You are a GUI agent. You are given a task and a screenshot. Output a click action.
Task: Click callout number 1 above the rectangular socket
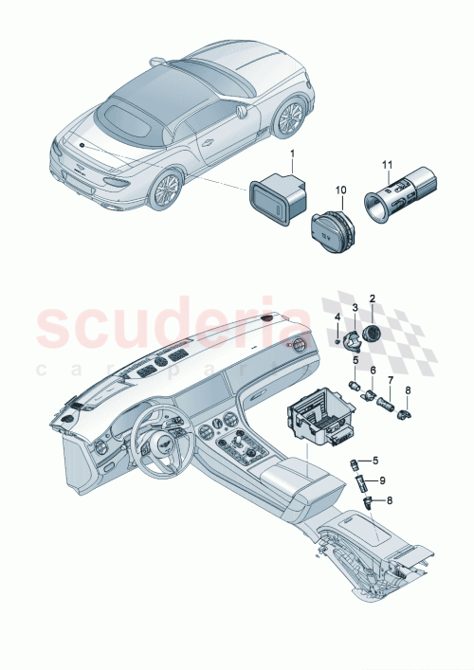click(x=293, y=154)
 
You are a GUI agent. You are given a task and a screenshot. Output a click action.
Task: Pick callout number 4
click(x=338, y=315)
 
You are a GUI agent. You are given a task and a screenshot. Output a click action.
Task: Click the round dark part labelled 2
click(x=370, y=333)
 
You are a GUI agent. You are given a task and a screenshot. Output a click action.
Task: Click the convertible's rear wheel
click(x=165, y=188)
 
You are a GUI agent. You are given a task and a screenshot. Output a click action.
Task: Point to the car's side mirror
click(x=242, y=111)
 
